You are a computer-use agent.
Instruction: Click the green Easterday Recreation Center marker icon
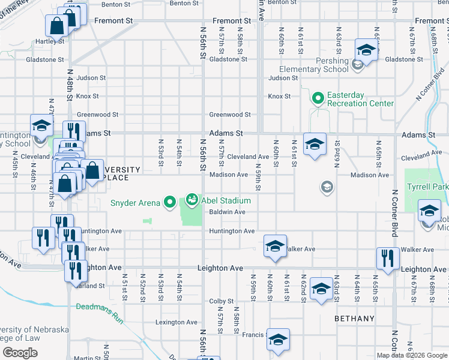[317, 97]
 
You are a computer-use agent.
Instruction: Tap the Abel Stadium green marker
[192, 199]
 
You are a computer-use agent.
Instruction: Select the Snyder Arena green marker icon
[169, 203]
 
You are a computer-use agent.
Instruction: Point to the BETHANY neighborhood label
[354, 319]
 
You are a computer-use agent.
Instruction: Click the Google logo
[20, 353]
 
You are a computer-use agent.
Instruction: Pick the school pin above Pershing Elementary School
[366, 50]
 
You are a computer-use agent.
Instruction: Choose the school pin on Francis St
[279, 340]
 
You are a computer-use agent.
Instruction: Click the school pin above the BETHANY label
[321, 289]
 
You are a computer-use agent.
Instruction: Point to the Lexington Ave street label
[176, 322]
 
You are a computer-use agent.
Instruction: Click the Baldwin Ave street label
[227, 212]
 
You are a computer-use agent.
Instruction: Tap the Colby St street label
[221, 301]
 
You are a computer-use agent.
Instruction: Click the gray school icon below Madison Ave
[327, 187]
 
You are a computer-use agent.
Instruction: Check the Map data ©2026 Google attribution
[411, 355]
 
